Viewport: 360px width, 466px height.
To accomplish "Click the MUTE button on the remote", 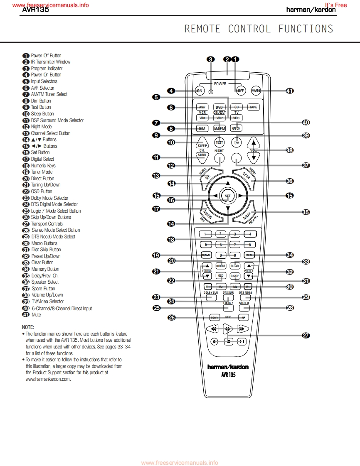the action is pyautogui.click(x=256, y=91).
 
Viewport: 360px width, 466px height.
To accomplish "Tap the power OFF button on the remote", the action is pyautogui.click(x=240, y=91).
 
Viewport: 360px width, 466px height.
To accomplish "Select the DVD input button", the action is pyautogui.click(x=219, y=107).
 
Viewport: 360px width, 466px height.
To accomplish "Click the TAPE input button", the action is pyautogui.click(x=253, y=107).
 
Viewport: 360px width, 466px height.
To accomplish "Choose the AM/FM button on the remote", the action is pyautogui.click(x=219, y=128).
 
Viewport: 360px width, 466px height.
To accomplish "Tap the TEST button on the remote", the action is pyautogui.click(x=219, y=142).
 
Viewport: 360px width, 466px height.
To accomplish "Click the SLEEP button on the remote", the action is pyautogui.click(x=202, y=143).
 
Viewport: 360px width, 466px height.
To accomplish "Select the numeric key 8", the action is pyautogui.click(x=250, y=245).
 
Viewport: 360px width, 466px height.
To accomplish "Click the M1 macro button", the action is pyautogui.click(x=207, y=287).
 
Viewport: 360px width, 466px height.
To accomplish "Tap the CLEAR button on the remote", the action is pyautogui.click(x=235, y=266).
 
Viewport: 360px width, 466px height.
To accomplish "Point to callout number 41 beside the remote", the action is pyautogui.click(x=290, y=91).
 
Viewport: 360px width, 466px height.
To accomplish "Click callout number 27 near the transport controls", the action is pyautogui.click(x=306, y=336).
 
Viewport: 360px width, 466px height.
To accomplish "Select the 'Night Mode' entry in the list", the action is pyautogui.click(x=41, y=127).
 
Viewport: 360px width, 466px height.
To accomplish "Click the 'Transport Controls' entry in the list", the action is pyautogui.click(x=47, y=224).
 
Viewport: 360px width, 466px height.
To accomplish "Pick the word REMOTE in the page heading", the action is pyautogui.click(x=202, y=29).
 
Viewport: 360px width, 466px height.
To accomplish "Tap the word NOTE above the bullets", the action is pyautogui.click(x=28, y=327).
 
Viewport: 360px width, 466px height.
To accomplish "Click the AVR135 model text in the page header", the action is pyautogui.click(x=36, y=10).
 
